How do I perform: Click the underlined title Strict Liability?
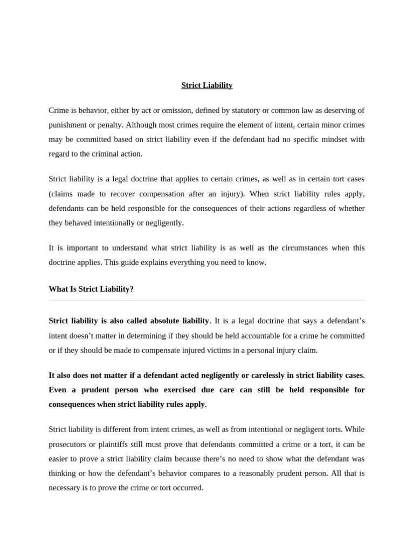pyautogui.click(x=207, y=86)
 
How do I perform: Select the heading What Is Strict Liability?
pyautogui.click(x=91, y=289)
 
